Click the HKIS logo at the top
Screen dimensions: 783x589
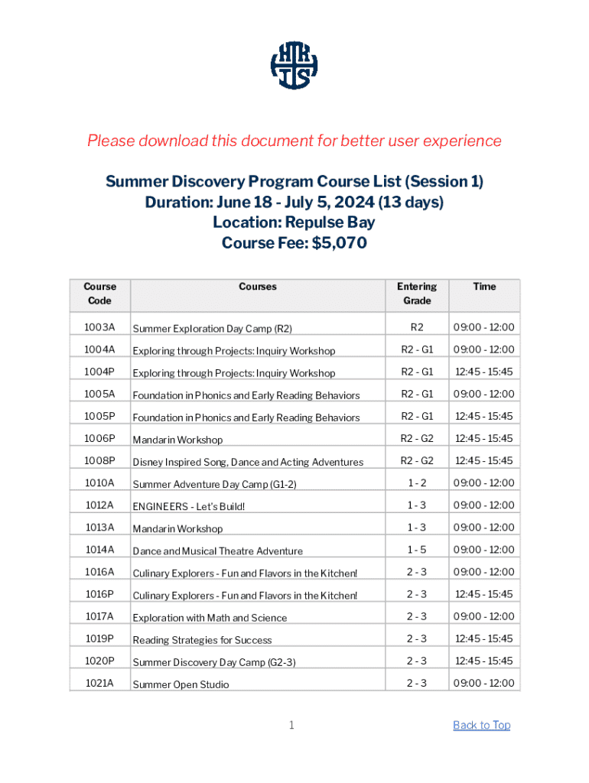click(x=294, y=64)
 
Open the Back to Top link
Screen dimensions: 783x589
click(x=481, y=725)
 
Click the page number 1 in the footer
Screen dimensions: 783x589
click(x=291, y=725)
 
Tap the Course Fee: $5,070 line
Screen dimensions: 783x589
click(x=294, y=243)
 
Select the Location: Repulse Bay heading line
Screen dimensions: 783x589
click(x=294, y=223)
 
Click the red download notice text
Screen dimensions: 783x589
click(x=294, y=141)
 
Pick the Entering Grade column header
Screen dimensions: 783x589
click(x=417, y=294)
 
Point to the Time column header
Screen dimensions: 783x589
click(x=484, y=287)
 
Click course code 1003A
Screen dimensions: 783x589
click(x=99, y=327)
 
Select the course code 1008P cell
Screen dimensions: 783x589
click(x=99, y=460)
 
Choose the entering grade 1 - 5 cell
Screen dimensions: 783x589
click(x=417, y=549)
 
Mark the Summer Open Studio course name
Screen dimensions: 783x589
click(x=181, y=684)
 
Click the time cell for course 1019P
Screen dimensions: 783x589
click(x=484, y=638)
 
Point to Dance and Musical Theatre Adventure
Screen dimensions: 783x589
click(x=218, y=551)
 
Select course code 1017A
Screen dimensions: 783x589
click(x=99, y=616)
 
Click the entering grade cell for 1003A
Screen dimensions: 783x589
click(x=417, y=327)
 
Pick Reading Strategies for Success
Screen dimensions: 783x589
click(x=203, y=640)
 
